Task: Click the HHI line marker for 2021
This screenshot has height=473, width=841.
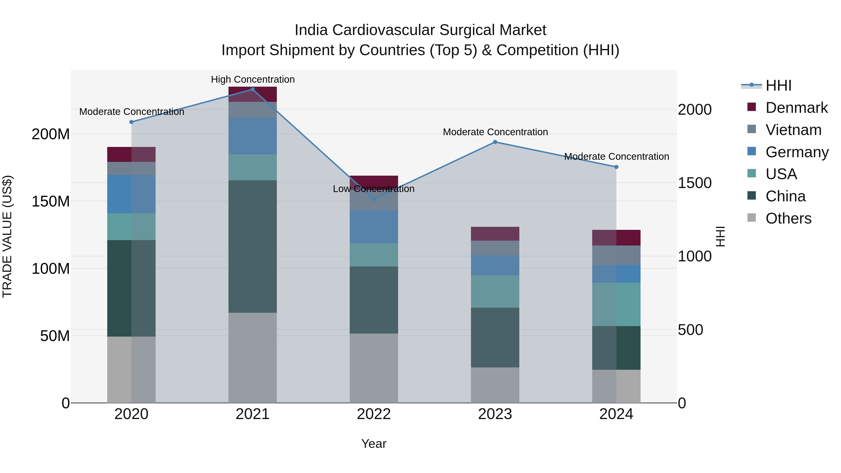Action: (252, 89)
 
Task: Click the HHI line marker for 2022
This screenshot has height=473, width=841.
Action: (374, 199)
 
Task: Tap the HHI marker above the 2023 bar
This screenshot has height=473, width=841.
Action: (495, 142)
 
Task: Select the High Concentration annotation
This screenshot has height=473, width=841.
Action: (253, 80)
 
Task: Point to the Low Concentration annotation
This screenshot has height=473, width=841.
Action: (374, 189)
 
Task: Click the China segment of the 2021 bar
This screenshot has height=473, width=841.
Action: (252, 246)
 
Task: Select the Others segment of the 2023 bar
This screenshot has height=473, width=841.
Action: (495, 385)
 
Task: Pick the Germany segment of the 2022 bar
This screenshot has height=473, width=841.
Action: (374, 227)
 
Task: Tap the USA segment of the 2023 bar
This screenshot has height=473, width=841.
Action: (495, 292)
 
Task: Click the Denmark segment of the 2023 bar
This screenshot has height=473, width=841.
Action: (495, 234)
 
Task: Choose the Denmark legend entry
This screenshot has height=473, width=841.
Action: (797, 108)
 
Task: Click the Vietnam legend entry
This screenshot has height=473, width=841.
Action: (793, 130)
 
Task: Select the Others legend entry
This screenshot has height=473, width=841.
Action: (788, 218)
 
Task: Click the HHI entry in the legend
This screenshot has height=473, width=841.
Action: (778, 85)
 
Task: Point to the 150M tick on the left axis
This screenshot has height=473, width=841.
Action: (51, 201)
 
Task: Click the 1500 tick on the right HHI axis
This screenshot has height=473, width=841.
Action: (695, 183)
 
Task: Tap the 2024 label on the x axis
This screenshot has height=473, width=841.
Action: (616, 414)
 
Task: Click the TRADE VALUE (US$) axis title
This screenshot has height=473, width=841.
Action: (7, 236)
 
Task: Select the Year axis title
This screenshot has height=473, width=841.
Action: (374, 444)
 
